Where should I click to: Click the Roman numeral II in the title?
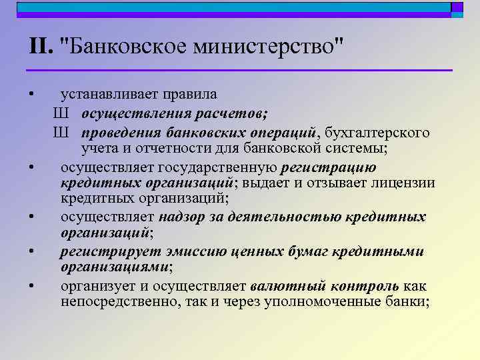click(x=41, y=47)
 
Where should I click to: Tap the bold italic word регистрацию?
click(x=329, y=166)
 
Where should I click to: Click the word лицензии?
click(x=407, y=183)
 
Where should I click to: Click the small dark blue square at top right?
click(x=457, y=7)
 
